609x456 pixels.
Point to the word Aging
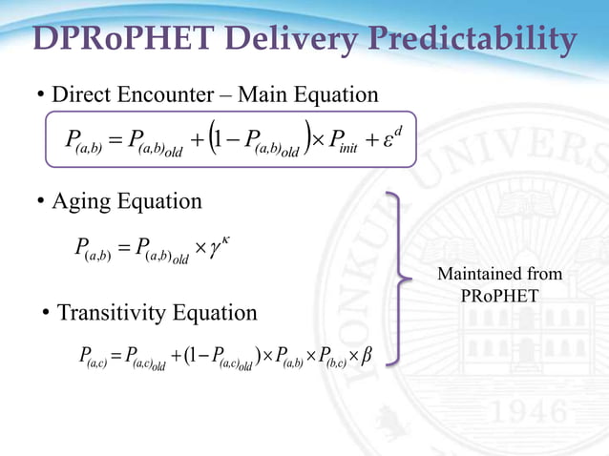[81, 202]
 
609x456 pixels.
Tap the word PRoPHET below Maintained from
[499, 297]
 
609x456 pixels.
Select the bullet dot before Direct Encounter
[41, 96]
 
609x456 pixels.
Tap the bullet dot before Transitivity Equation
[47, 314]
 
